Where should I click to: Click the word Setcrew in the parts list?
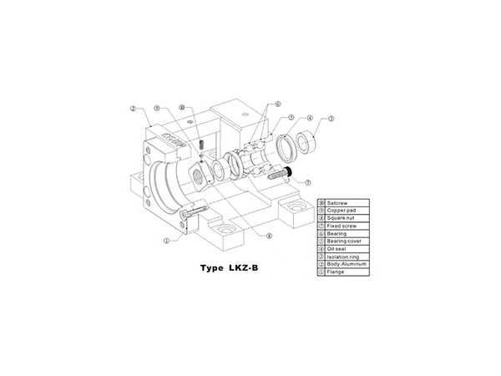(338, 203)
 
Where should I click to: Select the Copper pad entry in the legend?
(342, 211)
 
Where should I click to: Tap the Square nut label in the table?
(342, 218)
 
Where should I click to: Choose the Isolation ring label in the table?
(345, 256)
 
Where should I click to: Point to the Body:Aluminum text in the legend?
(348, 263)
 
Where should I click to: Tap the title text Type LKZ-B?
(234, 270)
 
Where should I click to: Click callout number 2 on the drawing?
(134, 109)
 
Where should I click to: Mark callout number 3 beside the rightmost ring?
(331, 119)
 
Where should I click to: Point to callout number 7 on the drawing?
(307, 181)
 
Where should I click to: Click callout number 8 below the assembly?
(269, 236)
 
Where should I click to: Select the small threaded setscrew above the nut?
(203, 147)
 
